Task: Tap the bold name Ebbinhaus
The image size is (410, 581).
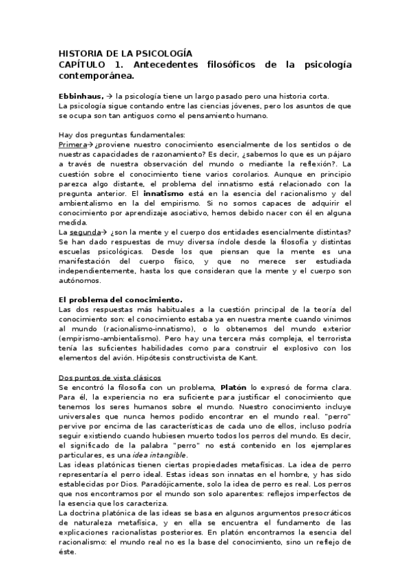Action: [x=81, y=97]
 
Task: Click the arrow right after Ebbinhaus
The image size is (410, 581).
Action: [x=110, y=97]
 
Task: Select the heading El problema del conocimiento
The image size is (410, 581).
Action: [x=120, y=299]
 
